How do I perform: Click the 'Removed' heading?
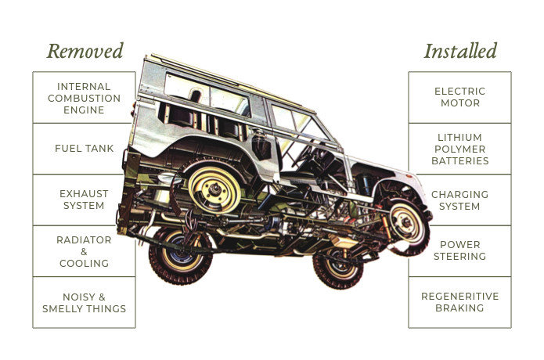click(85, 52)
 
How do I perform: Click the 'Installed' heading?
click(459, 52)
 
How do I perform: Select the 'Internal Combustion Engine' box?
click(84, 98)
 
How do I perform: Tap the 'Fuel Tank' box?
click(84, 148)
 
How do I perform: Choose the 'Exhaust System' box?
click(84, 200)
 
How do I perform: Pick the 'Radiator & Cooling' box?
click(84, 251)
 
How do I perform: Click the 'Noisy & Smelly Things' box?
click(84, 302)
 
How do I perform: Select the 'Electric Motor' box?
click(459, 98)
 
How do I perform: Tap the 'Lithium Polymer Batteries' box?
click(459, 148)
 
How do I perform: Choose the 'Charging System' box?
click(459, 200)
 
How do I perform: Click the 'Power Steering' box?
click(459, 251)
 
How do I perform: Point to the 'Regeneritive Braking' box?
click(459, 302)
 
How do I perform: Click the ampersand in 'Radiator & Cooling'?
click(84, 251)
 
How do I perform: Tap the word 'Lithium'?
click(459, 136)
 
